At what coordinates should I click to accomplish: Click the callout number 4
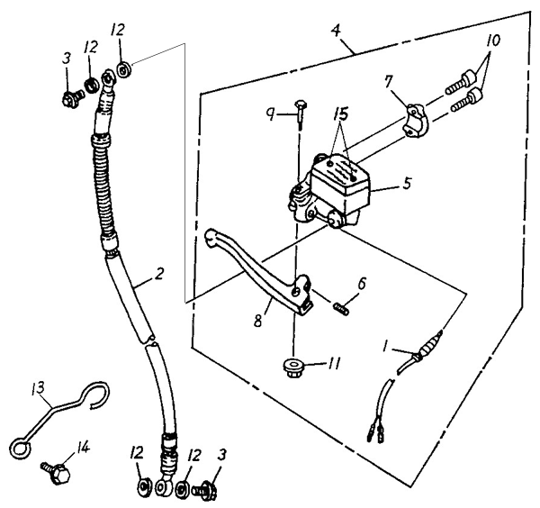click(x=336, y=31)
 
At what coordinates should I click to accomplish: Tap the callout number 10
click(x=493, y=41)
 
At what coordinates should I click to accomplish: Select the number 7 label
click(x=388, y=82)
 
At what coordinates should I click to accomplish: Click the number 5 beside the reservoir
click(x=407, y=183)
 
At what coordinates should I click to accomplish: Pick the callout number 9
click(x=272, y=114)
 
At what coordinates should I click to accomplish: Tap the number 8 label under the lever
click(x=258, y=320)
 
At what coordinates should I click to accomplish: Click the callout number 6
click(x=362, y=284)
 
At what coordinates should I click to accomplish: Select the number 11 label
click(x=333, y=363)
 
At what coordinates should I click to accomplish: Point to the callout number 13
click(x=38, y=388)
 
